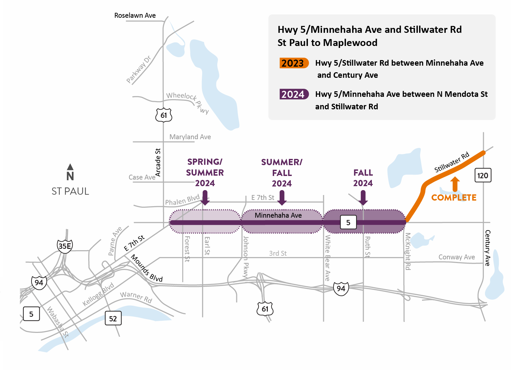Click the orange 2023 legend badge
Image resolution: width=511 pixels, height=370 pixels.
click(294, 63)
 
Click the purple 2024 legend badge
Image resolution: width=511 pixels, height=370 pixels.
click(294, 95)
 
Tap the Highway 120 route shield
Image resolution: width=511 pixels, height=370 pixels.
click(482, 176)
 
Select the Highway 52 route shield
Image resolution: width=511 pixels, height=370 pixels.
click(113, 318)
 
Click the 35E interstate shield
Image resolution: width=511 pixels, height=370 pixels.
click(65, 246)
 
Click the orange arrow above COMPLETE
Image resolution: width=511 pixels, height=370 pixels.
click(455, 184)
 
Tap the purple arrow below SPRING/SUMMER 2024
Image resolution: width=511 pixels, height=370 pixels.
click(205, 198)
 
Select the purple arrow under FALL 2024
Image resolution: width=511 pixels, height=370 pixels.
click(363, 198)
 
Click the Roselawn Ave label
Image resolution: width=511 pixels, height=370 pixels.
click(135, 15)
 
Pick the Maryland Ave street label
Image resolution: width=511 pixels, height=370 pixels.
click(190, 137)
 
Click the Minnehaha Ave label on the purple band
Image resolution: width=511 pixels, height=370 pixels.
click(278, 215)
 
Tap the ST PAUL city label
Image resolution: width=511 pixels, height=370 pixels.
click(70, 191)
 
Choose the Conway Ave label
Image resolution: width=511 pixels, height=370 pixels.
click(457, 257)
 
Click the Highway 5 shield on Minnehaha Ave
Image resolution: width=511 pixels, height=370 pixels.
click(348, 223)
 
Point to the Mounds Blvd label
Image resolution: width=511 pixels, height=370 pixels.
click(147, 268)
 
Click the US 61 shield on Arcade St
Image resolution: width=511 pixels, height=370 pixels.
click(163, 115)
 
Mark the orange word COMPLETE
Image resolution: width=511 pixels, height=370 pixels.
click(454, 198)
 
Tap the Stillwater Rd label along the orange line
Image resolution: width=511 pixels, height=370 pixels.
click(452, 162)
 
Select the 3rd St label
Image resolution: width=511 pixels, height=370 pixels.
click(278, 253)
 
